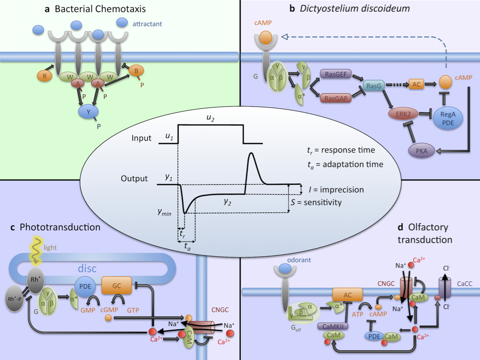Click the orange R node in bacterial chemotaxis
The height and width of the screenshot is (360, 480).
pos(45,76)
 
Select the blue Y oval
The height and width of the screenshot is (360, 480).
pos(88,112)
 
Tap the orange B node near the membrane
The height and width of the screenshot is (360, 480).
pos(136,71)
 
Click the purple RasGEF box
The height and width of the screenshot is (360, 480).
pos(336,74)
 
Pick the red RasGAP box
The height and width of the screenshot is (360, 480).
pos(336,98)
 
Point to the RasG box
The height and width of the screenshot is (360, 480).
pos(373,86)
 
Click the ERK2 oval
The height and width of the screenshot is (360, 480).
pos(403,114)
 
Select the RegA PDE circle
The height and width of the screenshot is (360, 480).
pos(448,118)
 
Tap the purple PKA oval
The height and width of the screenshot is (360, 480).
pos(422,151)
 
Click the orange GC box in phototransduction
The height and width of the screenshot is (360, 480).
pos(117,285)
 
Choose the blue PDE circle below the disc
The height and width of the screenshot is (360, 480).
pos(85,287)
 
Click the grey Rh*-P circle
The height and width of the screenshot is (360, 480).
pos(15,299)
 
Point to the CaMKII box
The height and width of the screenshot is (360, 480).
pos(333,326)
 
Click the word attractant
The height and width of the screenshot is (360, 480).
pos(147,24)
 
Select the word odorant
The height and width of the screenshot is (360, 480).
pos(299,260)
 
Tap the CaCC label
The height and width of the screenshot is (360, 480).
pos(464,284)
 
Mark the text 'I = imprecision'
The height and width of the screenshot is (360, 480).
pos(337,190)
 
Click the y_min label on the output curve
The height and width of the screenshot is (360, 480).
pos(165,212)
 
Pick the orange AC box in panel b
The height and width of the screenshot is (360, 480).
pos(417,84)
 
